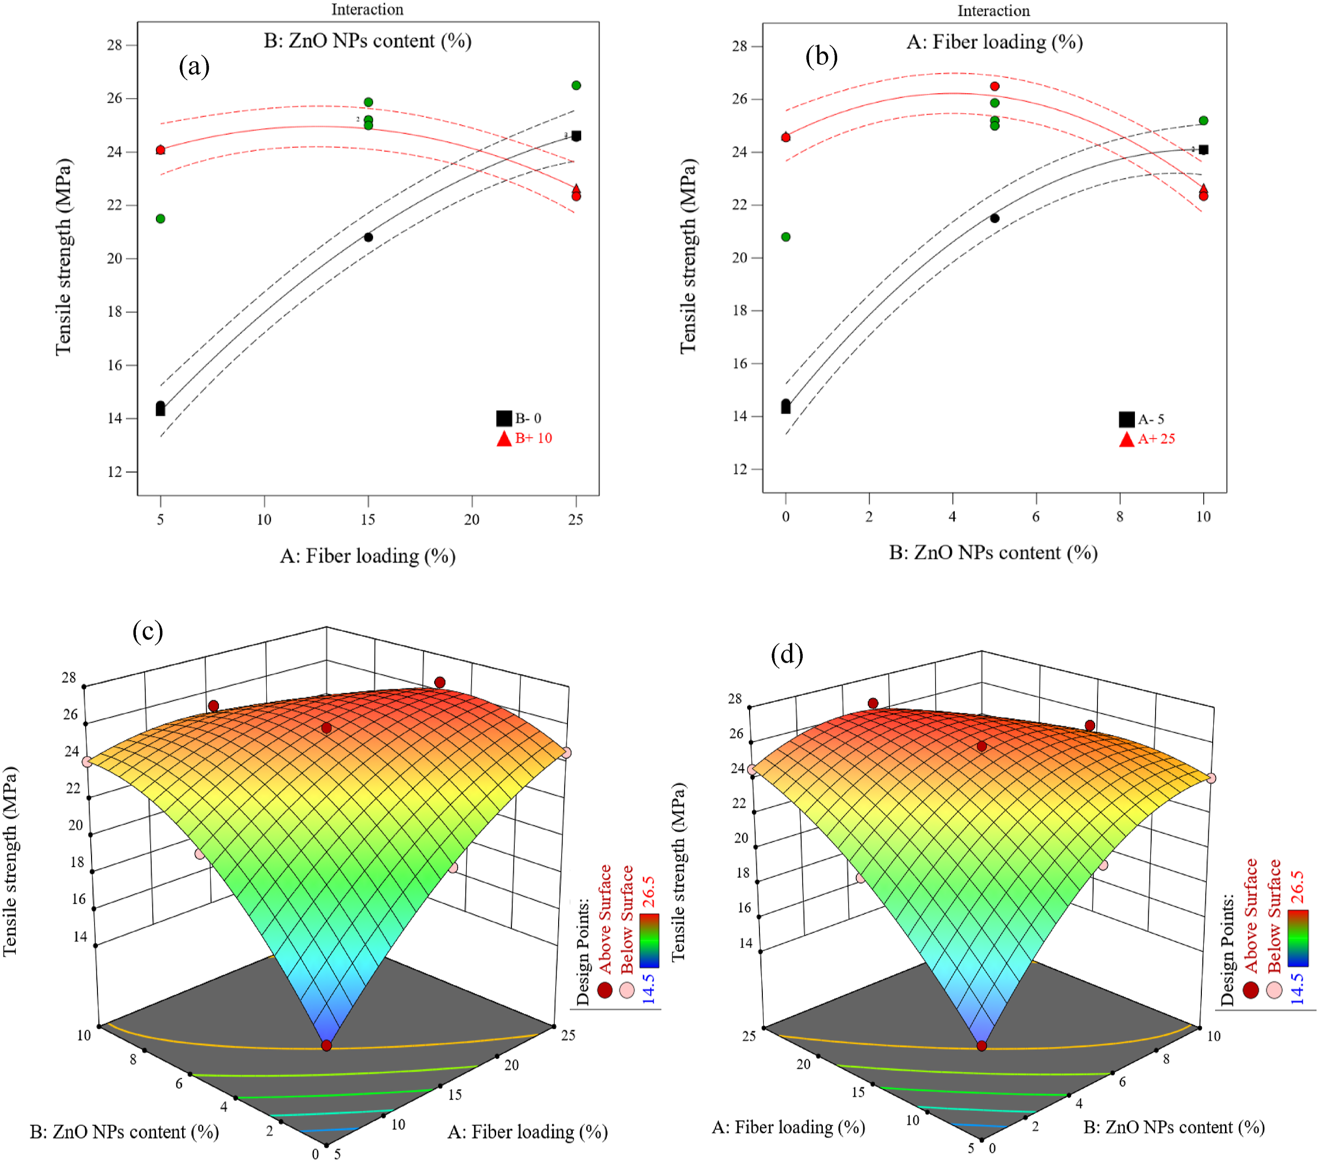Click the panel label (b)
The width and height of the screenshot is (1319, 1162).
[821, 57]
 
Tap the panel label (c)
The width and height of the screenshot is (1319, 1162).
[148, 631]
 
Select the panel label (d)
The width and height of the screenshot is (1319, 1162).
[786, 655]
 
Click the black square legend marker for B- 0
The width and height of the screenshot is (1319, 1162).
[504, 418]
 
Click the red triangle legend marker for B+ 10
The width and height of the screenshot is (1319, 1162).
[504, 438]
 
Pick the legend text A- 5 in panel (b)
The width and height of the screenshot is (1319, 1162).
[1151, 419]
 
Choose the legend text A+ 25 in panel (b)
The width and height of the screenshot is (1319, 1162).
[1157, 439]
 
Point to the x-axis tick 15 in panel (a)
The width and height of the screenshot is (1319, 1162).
[368, 520]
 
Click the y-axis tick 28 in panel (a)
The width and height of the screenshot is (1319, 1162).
[114, 45]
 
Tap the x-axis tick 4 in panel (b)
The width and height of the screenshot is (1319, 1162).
[952, 516]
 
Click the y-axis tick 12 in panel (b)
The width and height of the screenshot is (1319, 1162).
[740, 469]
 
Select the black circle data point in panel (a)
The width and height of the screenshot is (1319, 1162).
[369, 238]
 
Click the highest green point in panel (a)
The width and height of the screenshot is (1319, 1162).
[576, 85]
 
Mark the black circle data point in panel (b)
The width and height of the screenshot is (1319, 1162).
[994, 218]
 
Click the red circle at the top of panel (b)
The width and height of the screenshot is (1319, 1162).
[994, 87]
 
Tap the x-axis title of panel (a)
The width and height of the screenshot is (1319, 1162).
[368, 556]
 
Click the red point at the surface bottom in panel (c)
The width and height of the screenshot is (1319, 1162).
[326, 1045]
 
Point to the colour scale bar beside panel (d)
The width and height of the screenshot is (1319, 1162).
[1298, 938]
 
